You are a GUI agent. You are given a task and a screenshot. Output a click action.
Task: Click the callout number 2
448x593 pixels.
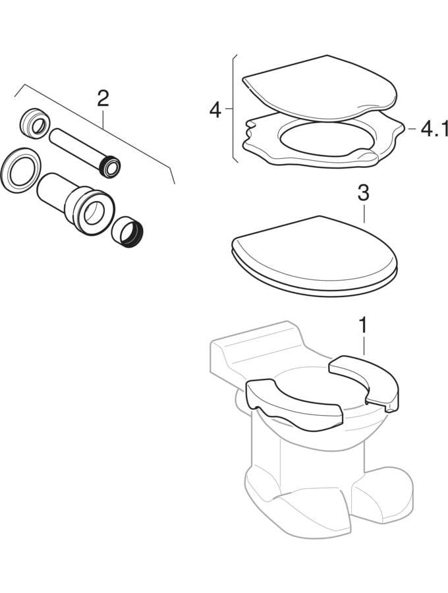pos(103,99)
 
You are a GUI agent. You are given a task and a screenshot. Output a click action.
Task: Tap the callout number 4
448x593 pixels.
pos(215,109)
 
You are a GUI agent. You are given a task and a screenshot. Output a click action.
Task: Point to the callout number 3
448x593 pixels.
pos(363,193)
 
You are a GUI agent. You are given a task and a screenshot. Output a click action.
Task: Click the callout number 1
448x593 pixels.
pos(362,325)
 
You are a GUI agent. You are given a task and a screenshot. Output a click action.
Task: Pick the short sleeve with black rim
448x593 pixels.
pos(128,232)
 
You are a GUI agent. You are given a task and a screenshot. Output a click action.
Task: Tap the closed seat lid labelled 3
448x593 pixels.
pos(314,256)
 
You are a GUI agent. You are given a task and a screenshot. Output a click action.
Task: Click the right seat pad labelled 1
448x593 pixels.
pos(364,382)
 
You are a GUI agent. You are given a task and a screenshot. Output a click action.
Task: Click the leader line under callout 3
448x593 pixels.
pos(364,214)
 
